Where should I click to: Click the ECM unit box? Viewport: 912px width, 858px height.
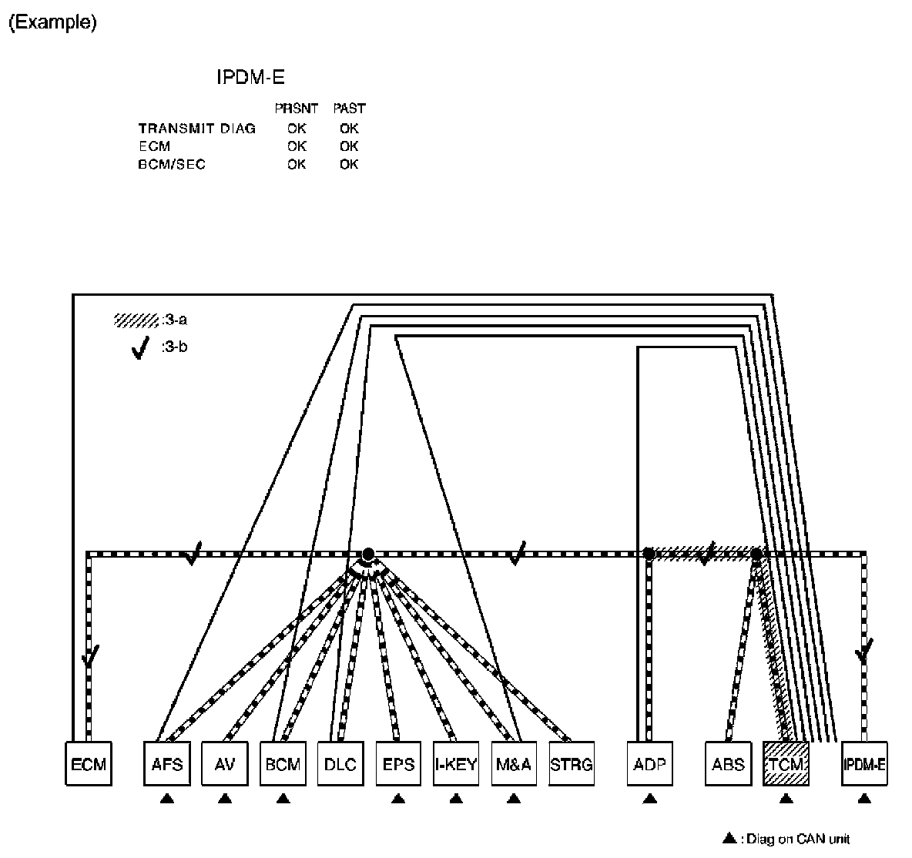[x=88, y=764]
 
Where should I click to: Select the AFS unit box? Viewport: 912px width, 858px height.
[x=167, y=764]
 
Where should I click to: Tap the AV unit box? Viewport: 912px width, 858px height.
[x=225, y=764]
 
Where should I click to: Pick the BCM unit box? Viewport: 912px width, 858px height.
[x=283, y=764]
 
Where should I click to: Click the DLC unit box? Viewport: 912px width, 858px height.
[x=340, y=764]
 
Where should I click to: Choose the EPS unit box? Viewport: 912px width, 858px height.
[x=398, y=764]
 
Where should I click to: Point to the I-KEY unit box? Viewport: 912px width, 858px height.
[x=456, y=764]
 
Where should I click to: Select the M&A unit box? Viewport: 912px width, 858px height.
[x=514, y=764]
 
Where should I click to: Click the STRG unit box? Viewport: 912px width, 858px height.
[x=572, y=764]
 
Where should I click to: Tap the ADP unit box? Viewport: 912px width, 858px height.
[x=649, y=764]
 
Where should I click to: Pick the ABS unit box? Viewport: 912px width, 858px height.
[x=728, y=764]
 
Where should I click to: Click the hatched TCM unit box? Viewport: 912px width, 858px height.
[x=786, y=764]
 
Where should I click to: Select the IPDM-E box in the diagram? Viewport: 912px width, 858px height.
[x=864, y=764]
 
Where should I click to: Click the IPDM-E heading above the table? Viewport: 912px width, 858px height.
[x=251, y=78]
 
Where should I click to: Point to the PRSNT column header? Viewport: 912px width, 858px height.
[x=297, y=109]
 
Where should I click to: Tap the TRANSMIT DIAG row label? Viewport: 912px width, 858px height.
[x=197, y=129]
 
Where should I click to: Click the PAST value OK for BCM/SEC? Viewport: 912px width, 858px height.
[x=349, y=164]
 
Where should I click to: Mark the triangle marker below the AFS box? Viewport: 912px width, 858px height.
[x=167, y=799]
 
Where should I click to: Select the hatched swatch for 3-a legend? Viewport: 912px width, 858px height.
[x=136, y=320]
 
